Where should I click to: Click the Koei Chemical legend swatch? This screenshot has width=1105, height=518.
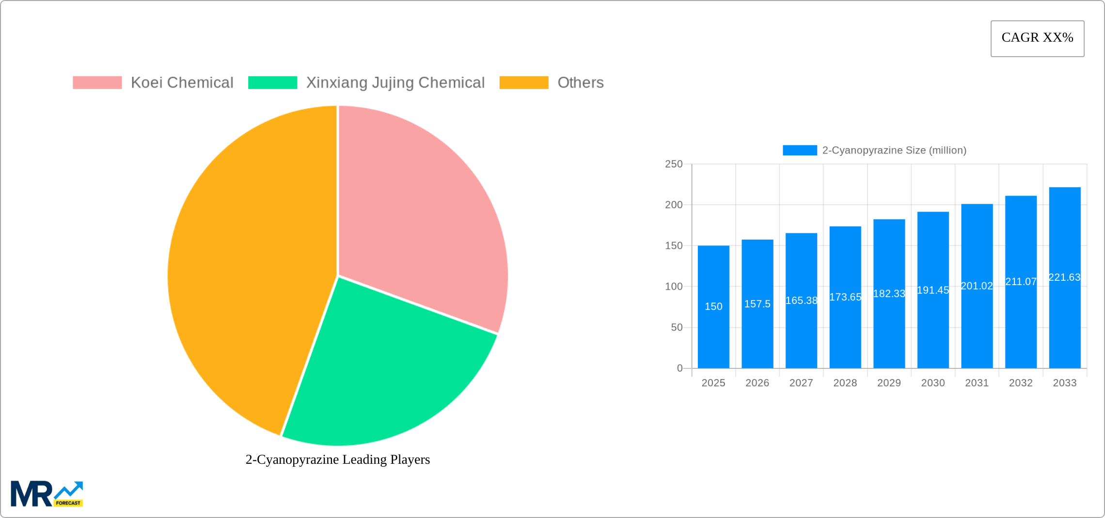point(97,83)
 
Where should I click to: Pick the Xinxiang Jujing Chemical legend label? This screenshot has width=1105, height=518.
point(395,83)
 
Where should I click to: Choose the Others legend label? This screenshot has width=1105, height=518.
point(580,83)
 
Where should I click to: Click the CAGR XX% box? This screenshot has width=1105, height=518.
point(1037,38)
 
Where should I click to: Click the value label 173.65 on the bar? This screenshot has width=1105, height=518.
point(845,297)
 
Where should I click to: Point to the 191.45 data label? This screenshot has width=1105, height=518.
point(933,290)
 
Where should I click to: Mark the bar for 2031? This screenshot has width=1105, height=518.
point(977,329)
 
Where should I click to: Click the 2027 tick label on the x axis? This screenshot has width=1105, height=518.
point(801,383)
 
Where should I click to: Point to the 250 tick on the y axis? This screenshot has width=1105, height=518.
point(674,164)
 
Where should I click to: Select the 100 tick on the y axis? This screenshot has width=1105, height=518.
point(674,287)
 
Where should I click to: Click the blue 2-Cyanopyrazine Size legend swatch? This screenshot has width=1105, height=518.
point(800,151)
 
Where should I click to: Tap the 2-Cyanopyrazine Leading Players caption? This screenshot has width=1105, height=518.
point(338,459)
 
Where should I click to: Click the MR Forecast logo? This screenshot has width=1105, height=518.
point(47,494)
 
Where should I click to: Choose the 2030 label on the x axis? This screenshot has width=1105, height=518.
point(933,383)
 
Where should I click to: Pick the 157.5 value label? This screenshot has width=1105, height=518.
point(757,304)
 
